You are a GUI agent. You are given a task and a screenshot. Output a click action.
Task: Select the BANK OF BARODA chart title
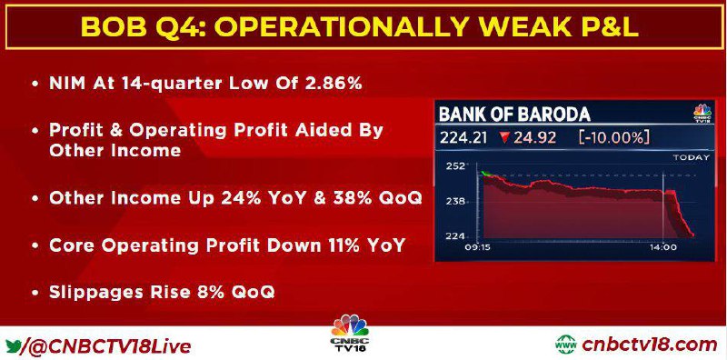click(514, 115)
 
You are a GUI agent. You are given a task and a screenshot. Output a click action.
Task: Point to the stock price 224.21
click(463, 138)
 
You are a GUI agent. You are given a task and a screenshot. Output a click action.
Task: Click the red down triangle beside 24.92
click(505, 138)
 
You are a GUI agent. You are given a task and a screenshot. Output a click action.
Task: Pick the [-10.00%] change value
click(613, 138)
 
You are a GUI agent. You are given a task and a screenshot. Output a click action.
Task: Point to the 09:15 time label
click(478, 248)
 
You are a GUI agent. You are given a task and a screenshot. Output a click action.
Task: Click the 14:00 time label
click(662, 248)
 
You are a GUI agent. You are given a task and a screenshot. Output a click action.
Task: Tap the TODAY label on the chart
click(692, 158)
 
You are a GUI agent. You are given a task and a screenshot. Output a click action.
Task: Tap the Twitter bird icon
click(14, 346)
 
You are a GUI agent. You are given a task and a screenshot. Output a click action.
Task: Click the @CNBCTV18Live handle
click(107, 346)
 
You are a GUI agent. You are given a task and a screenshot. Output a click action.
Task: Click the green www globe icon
click(565, 345)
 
